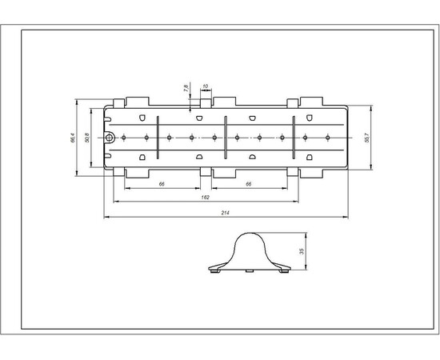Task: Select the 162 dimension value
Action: tap(204, 197)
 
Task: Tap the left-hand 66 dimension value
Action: tap(162, 184)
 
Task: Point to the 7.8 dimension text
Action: tap(186, 87)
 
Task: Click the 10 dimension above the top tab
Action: tap(206, 86)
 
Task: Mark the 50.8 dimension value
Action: tap(86, 137)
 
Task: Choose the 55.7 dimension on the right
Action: tap(366, 137)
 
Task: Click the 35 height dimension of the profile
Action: tap(302, 250)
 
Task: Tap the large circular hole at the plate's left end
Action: tap(111, 138)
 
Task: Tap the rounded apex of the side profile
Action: tap(250, 234)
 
